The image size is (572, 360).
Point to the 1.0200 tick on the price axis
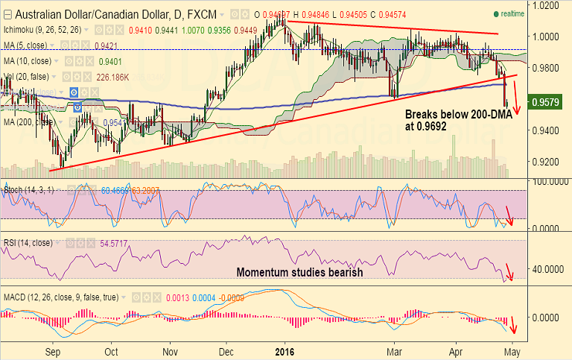[546, 5]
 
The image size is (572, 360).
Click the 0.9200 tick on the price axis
[546, 161]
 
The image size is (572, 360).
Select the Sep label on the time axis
[53, 351]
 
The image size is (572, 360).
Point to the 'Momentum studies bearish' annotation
[299, 272]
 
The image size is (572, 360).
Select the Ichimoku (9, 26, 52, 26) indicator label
[42, 30]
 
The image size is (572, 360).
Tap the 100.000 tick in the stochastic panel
[547, 181]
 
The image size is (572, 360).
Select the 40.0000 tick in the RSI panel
[547, 268]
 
